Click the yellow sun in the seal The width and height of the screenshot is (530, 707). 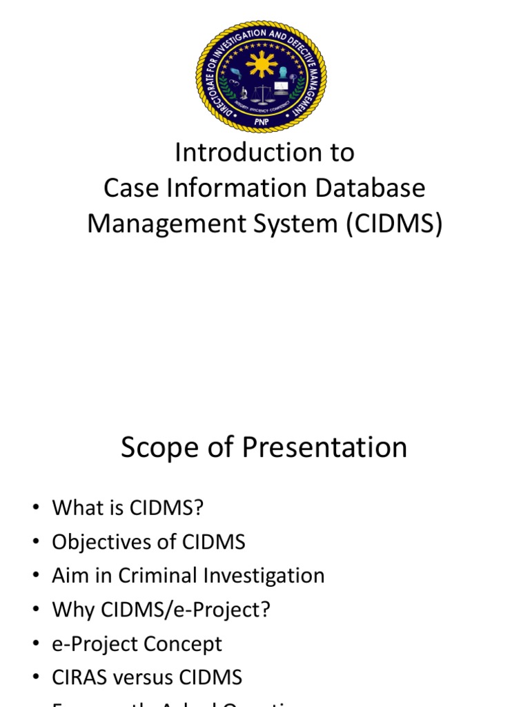tap(261, 64)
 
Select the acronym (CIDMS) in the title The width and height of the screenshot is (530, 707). tap(395, 224)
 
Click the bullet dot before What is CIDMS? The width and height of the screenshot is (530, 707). tap(35, 509)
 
